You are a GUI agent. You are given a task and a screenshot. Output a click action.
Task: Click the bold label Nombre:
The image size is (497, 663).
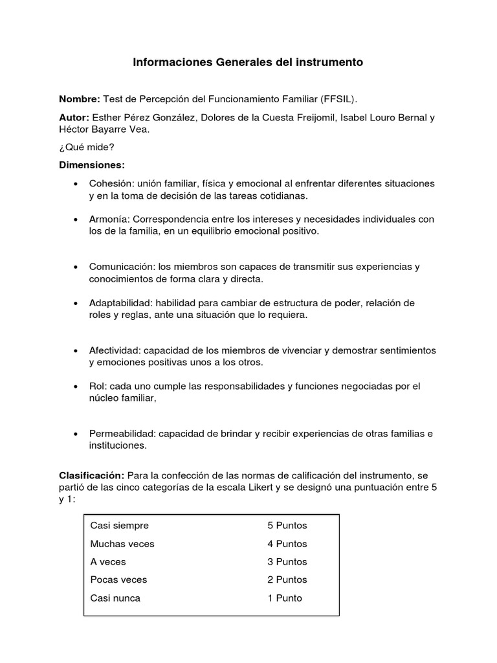coord(80,99)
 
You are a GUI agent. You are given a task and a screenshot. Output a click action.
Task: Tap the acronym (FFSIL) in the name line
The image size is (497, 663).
coord(338,99)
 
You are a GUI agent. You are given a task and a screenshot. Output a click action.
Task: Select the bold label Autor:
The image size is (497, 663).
coord(74,118)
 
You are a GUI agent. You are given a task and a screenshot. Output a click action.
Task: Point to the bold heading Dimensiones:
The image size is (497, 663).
coord(93,165)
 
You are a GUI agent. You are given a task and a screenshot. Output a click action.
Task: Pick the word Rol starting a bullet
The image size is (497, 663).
coord(97,387)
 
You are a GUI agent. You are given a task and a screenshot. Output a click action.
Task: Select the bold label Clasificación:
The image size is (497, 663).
coord(91,475)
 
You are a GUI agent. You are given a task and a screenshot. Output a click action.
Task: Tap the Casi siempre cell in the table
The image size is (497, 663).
coord(120,526)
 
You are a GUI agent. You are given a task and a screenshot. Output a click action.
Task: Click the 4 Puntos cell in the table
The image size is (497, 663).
coord(287,544)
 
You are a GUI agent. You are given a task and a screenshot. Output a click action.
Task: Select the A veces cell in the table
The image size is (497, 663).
coord(108,562)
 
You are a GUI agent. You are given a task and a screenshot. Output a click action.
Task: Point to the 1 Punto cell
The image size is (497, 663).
coord(285,598)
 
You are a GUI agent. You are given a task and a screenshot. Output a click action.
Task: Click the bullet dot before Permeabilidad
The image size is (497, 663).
coord(77,434)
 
